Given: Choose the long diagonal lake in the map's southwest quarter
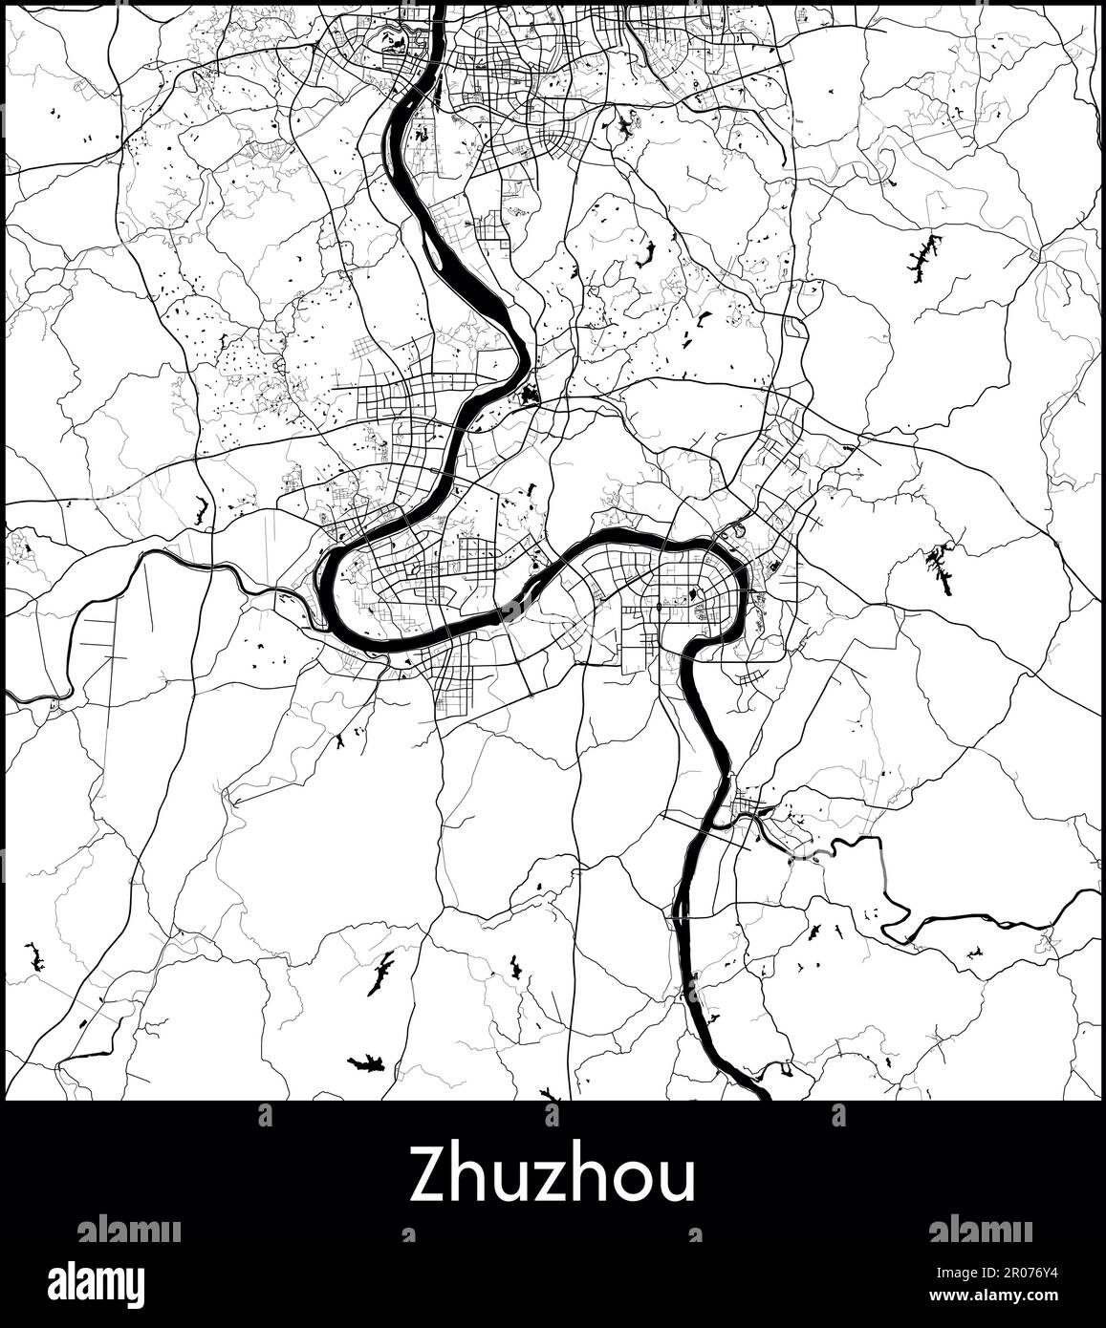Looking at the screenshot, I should pyautogui.click(x=380, y=973).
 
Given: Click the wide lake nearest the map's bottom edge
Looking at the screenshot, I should pyautogui.click(x=365, y=1061).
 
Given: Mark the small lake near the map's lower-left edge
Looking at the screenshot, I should pyautogui.click(x=36, y=956).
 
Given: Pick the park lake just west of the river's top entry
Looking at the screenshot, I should pyautogui.click(x=392, y=39).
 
